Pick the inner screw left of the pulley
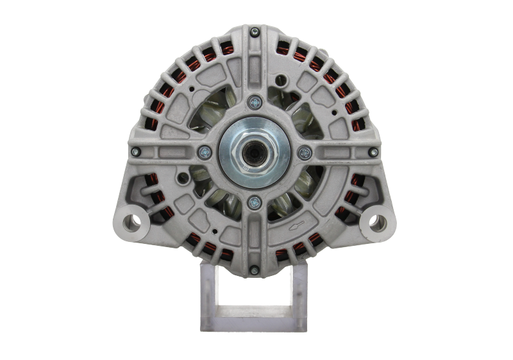(205, 151)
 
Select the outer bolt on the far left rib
(136, 151)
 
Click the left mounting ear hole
(134, 221)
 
